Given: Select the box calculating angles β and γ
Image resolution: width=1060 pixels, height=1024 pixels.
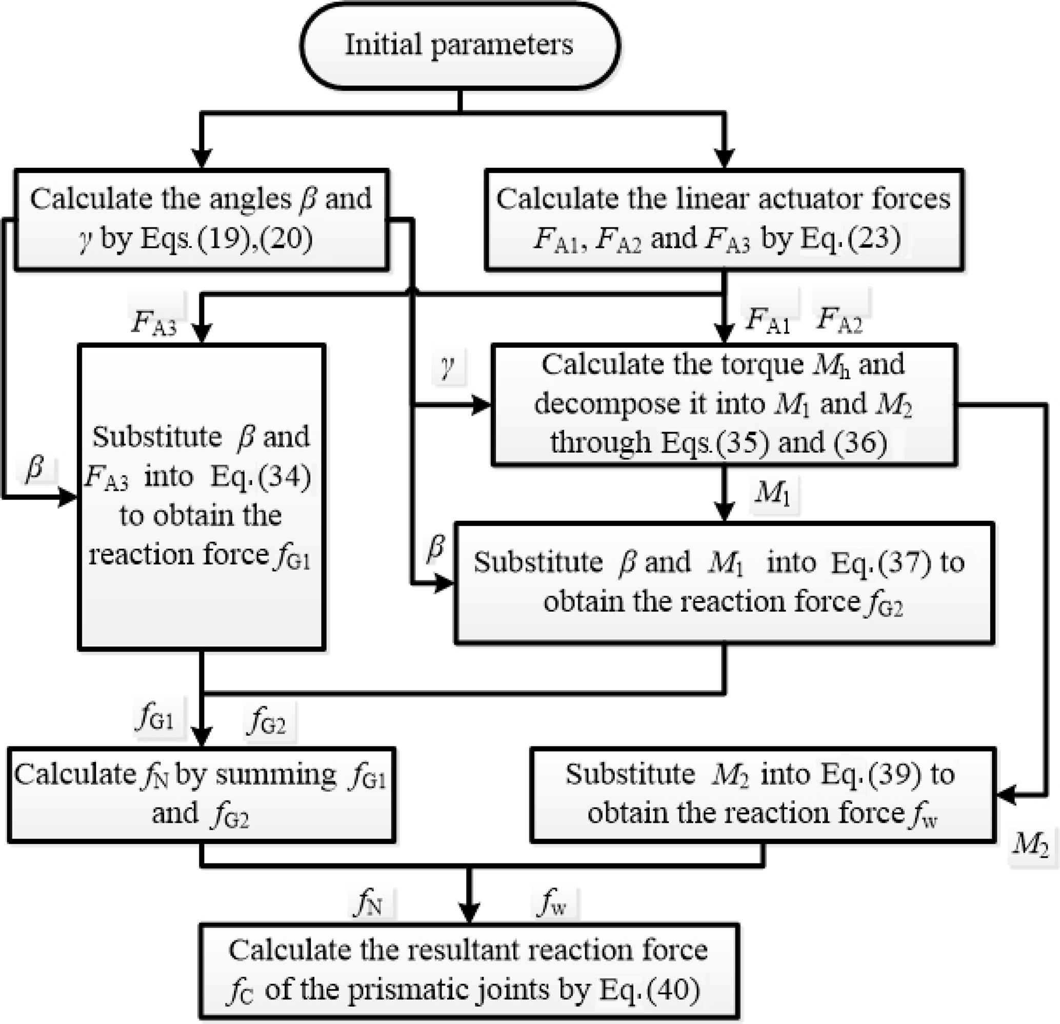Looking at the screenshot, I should (x=201, y=219).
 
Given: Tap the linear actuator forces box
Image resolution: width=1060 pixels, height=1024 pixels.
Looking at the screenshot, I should (x=724, y=219).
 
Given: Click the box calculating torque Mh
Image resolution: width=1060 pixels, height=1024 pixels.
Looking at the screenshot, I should (x=724, y=404).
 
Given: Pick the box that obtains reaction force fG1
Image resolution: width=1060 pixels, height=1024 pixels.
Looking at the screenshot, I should (x=201, y=496).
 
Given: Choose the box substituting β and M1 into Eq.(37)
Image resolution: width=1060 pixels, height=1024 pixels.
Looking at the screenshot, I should (x=724, y=583).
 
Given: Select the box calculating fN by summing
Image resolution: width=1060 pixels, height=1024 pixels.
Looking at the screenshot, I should (x=201, y=794).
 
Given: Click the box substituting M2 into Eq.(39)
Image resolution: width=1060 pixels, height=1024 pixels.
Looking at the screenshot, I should (x=763, y=794).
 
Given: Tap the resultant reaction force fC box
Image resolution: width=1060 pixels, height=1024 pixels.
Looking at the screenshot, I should (x=468, y=971).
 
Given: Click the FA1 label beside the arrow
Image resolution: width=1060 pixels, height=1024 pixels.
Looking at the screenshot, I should (x=768, y=319).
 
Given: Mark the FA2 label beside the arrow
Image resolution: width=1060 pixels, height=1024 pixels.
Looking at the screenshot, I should (x=839, y=319).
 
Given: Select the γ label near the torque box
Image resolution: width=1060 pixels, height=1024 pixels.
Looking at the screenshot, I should (x=447, y=367).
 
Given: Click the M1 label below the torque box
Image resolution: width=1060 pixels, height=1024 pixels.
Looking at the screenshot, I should (x=773, y=494).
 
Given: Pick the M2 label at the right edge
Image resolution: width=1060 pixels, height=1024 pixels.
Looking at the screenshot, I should (x=1030, y=844).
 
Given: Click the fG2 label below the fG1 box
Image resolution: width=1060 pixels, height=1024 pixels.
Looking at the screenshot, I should (x=267, y=721).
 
